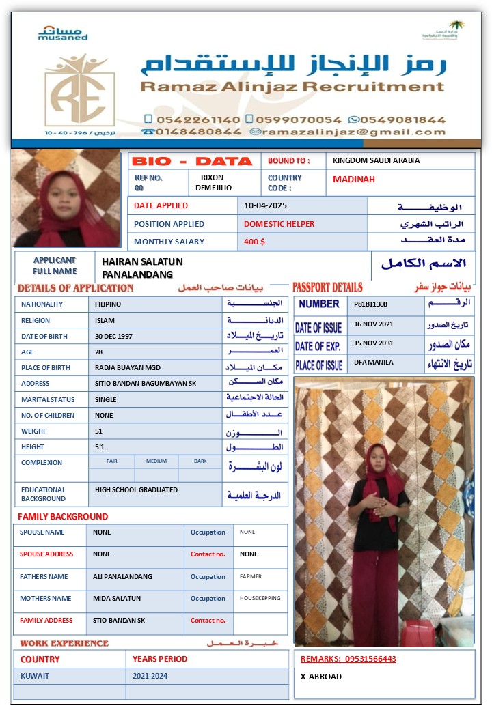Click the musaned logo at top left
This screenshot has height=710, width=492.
(63, 33)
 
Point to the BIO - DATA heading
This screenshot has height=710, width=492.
(192, 162)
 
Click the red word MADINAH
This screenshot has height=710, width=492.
(353, 180)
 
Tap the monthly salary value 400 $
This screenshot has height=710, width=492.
(254, 242)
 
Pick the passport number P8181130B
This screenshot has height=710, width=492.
(370, 304)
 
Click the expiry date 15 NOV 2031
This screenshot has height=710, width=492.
(374, 343)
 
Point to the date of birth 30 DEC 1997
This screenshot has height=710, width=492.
(113, 337)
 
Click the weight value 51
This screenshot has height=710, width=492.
(99, 431)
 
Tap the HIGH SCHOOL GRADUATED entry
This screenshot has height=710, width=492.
(136, 490)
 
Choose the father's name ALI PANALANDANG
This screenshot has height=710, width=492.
(122, 577)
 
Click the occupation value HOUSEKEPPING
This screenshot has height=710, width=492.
(260, 598)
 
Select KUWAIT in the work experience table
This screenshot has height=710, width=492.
(35, 676)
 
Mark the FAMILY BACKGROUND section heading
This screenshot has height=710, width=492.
(63, 517)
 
